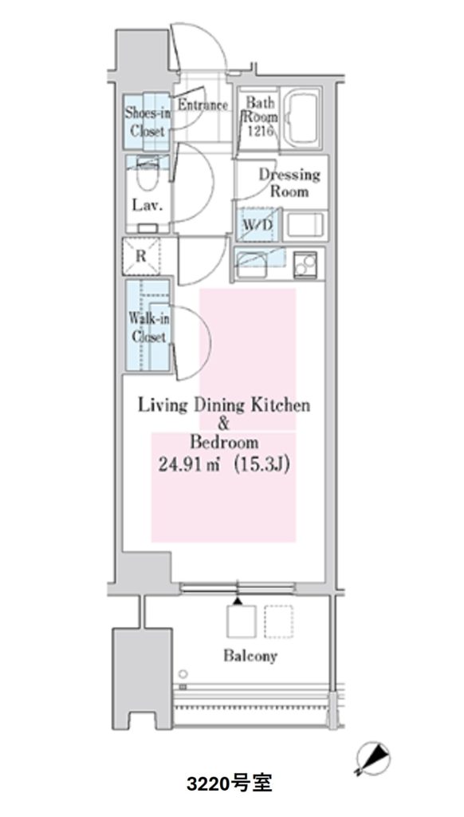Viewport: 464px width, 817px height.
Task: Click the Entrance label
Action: tap(203, 105)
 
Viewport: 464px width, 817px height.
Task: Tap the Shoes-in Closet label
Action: tap(147, 121)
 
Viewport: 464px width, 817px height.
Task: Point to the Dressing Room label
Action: tap(289, 183)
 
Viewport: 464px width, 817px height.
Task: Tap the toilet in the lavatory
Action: tap(147, 178)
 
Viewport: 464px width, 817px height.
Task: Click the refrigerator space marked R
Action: tap(142, 256)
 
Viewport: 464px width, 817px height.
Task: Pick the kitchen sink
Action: tap(253, 264)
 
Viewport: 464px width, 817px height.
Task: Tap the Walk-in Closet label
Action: tap(148, 326)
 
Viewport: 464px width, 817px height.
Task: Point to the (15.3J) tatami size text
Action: tap(261, 464)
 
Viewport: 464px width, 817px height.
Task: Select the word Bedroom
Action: tap(224, 442)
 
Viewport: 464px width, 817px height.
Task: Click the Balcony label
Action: tap(250, 656)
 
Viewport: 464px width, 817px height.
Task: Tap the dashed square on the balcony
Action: tap(278, 622)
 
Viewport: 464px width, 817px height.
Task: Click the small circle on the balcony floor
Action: tap(183, 673)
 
